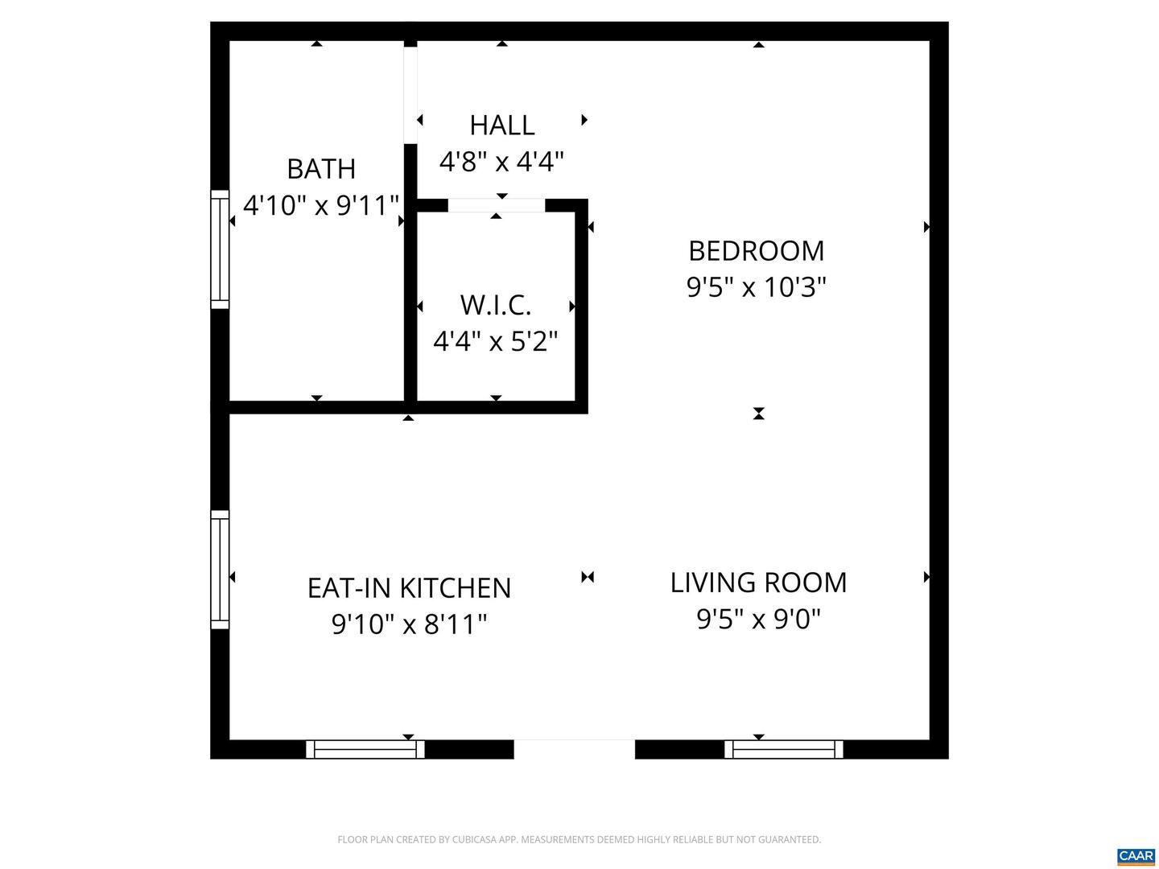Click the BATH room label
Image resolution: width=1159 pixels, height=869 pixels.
[x=321, y=169]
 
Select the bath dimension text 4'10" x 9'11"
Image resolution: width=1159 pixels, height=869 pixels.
[x=321, y=205]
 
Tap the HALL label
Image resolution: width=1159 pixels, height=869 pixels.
[x=502, y=126]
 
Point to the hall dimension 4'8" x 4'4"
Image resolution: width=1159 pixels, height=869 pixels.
[x=501, y=162]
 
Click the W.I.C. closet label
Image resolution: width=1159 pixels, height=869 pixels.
[x=496, y=306]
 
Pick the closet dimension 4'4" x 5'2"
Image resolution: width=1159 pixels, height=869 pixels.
[x=496, y=342]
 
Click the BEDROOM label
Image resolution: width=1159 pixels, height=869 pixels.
[x=757, y=251]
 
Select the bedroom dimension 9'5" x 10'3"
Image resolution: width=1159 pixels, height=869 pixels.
[x=757, y=287]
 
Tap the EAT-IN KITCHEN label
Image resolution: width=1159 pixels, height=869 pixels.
[x=409, y=588]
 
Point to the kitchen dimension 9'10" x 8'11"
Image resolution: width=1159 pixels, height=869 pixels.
[x=409, y=624]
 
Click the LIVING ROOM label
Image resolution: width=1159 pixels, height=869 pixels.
[x=758, y=583]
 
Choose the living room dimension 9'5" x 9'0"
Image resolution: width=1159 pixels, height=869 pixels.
[x=758, y=619]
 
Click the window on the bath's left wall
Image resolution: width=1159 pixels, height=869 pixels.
[x=220, y=249]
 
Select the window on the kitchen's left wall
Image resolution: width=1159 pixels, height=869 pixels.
[x=220, y=570]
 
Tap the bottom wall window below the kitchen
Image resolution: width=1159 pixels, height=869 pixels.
[x=365, y=749]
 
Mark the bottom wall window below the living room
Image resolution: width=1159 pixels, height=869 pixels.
[x=784, y=749]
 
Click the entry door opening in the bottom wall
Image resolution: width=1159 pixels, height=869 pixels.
[x=574, y=748]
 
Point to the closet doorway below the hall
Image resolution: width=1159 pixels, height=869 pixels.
[x=496, y=206]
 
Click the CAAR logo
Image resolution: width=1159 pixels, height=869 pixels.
[x=1136, y=855]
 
